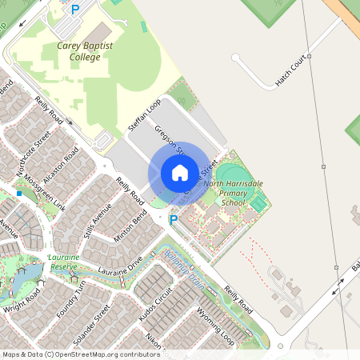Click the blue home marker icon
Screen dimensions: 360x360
click(x=179, y=173)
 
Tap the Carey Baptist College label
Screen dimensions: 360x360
click(x=85, y=52)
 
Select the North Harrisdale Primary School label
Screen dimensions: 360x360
click(x=233, y=193)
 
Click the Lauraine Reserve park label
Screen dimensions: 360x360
click(x=62, y=262)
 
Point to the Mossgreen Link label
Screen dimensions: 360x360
click(x=45, y=192)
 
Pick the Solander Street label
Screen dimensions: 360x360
click(x=90, y=326)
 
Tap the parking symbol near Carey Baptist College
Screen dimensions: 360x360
click(x=76, y=10)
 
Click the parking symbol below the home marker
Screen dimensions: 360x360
click(x=173, y=218)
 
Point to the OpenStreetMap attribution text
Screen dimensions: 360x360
click(x=70, y=354)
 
